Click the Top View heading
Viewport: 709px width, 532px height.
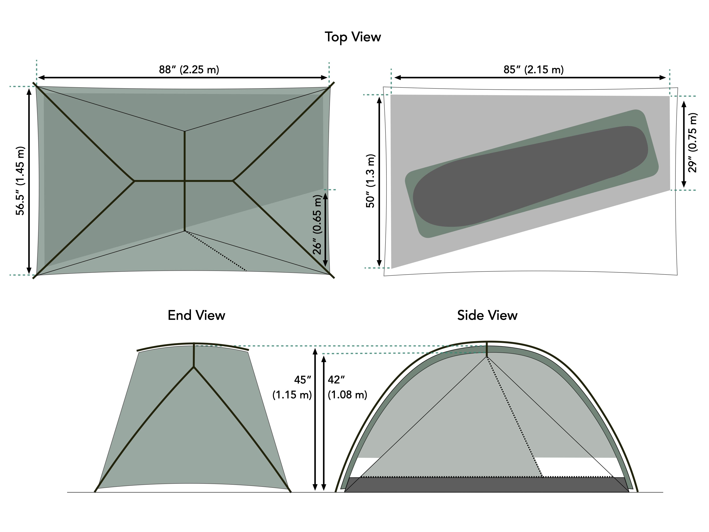353,37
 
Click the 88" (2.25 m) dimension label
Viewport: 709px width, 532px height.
189,70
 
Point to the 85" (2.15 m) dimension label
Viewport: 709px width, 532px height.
533,70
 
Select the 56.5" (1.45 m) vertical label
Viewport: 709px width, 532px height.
20,181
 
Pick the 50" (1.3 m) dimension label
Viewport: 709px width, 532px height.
370,181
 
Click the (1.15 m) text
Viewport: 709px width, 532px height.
292,395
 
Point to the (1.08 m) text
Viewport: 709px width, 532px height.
347,395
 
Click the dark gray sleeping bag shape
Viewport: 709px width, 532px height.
529,176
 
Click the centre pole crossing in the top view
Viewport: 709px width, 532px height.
185,181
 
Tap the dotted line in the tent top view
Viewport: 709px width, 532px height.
215,251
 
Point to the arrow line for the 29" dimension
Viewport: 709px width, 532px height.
684,144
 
